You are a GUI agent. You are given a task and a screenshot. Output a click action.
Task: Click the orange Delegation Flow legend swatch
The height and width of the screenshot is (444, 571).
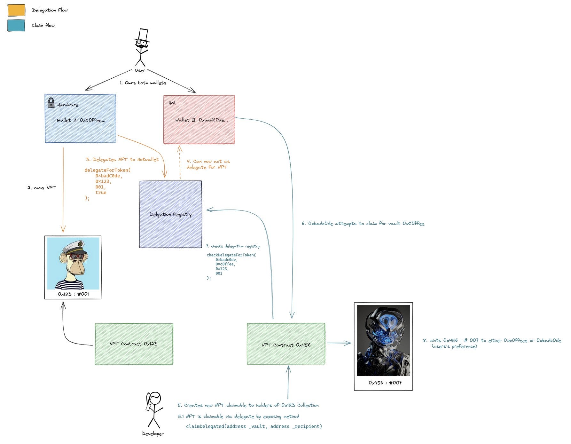(x=16, y=10)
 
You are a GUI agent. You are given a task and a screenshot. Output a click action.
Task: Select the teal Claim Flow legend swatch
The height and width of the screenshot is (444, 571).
(x=16, y=26)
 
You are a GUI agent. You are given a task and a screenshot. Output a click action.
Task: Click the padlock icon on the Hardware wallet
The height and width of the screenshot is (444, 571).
(x=51, y=103)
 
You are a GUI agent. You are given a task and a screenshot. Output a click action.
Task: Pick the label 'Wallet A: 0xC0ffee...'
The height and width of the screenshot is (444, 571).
(x=81, y=120)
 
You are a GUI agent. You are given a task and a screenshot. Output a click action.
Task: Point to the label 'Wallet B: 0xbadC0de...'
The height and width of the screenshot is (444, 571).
(x=201, y=120)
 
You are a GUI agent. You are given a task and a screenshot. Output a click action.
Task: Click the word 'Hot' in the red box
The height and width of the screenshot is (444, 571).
(x=172, y=103)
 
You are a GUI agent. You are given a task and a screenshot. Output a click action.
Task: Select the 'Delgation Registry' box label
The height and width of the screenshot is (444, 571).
(x=170, y=214)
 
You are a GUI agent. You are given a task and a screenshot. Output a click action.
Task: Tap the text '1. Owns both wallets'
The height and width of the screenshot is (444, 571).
(x=143, y=83)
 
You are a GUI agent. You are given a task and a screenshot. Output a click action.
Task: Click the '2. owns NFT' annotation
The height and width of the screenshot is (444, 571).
(x=42, y=188)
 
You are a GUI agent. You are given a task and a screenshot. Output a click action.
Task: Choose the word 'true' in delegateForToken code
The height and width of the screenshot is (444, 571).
(x=101, y=193)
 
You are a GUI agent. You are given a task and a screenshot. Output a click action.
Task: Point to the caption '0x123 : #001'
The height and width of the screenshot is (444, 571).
(x=73, y=294)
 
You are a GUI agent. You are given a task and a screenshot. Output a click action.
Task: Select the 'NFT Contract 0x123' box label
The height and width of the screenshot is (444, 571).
(x=133, y=344)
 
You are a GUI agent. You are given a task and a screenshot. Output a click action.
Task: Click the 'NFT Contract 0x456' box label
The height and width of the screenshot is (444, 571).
(x=286, y=345)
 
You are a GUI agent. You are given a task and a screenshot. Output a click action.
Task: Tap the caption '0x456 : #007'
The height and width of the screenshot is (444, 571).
(x=385, y=383)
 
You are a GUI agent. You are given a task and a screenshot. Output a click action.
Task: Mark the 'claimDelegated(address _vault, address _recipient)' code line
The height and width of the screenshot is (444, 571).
(x=254, y=426)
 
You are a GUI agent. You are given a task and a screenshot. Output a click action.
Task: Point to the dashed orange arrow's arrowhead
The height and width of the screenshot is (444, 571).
(x=180, y=148)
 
